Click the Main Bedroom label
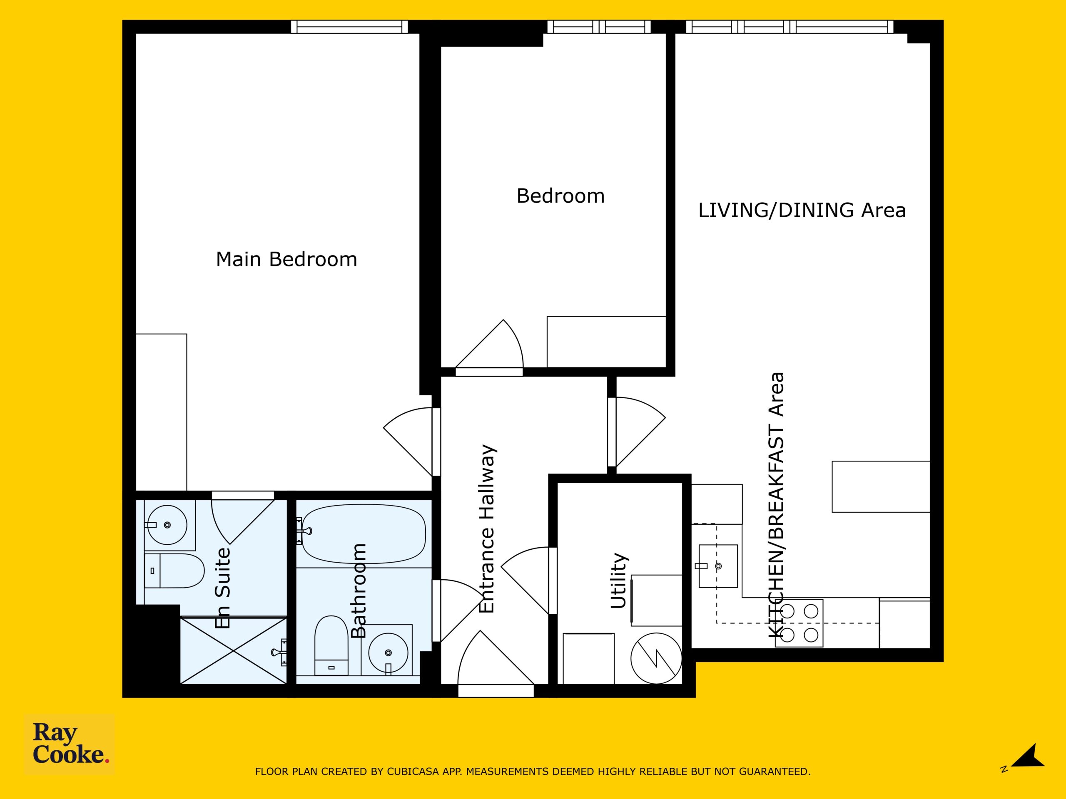(286, 259)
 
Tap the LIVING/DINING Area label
(802, 211)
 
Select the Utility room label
(619, 581)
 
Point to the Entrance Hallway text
(487, 529)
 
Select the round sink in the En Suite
(167, 524)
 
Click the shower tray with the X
(233, 651)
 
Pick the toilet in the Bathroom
(331, 645)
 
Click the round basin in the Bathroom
(388, 653)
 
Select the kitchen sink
(717, 566)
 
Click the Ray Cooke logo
(70, 743)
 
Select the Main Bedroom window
(349, 27)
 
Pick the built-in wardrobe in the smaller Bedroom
(606, 342)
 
